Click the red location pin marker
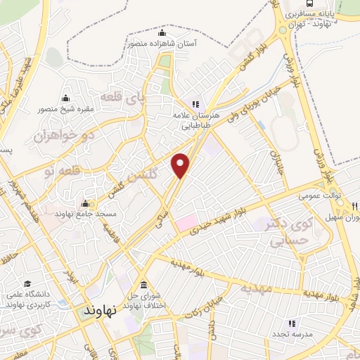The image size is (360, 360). [181, 165]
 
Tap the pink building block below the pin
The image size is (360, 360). [186, 224]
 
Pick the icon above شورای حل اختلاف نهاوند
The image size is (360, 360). [143, 285]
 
